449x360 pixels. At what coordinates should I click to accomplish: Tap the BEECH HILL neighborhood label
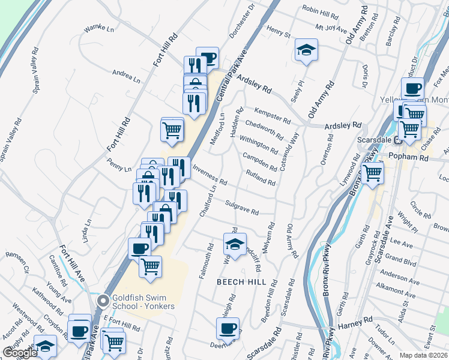coord(241,282)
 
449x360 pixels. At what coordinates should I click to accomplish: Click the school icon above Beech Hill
coord(235,244)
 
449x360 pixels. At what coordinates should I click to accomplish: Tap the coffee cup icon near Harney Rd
coord(228,329)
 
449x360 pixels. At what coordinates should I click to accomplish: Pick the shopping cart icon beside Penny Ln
coord(172,129)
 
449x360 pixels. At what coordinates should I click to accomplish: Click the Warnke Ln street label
coord(98,28)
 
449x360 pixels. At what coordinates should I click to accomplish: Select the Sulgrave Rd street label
coord(241,208)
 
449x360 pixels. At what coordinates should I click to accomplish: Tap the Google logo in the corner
coord(20,353)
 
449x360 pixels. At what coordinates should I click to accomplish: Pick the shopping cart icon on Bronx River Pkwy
coord(373,173)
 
